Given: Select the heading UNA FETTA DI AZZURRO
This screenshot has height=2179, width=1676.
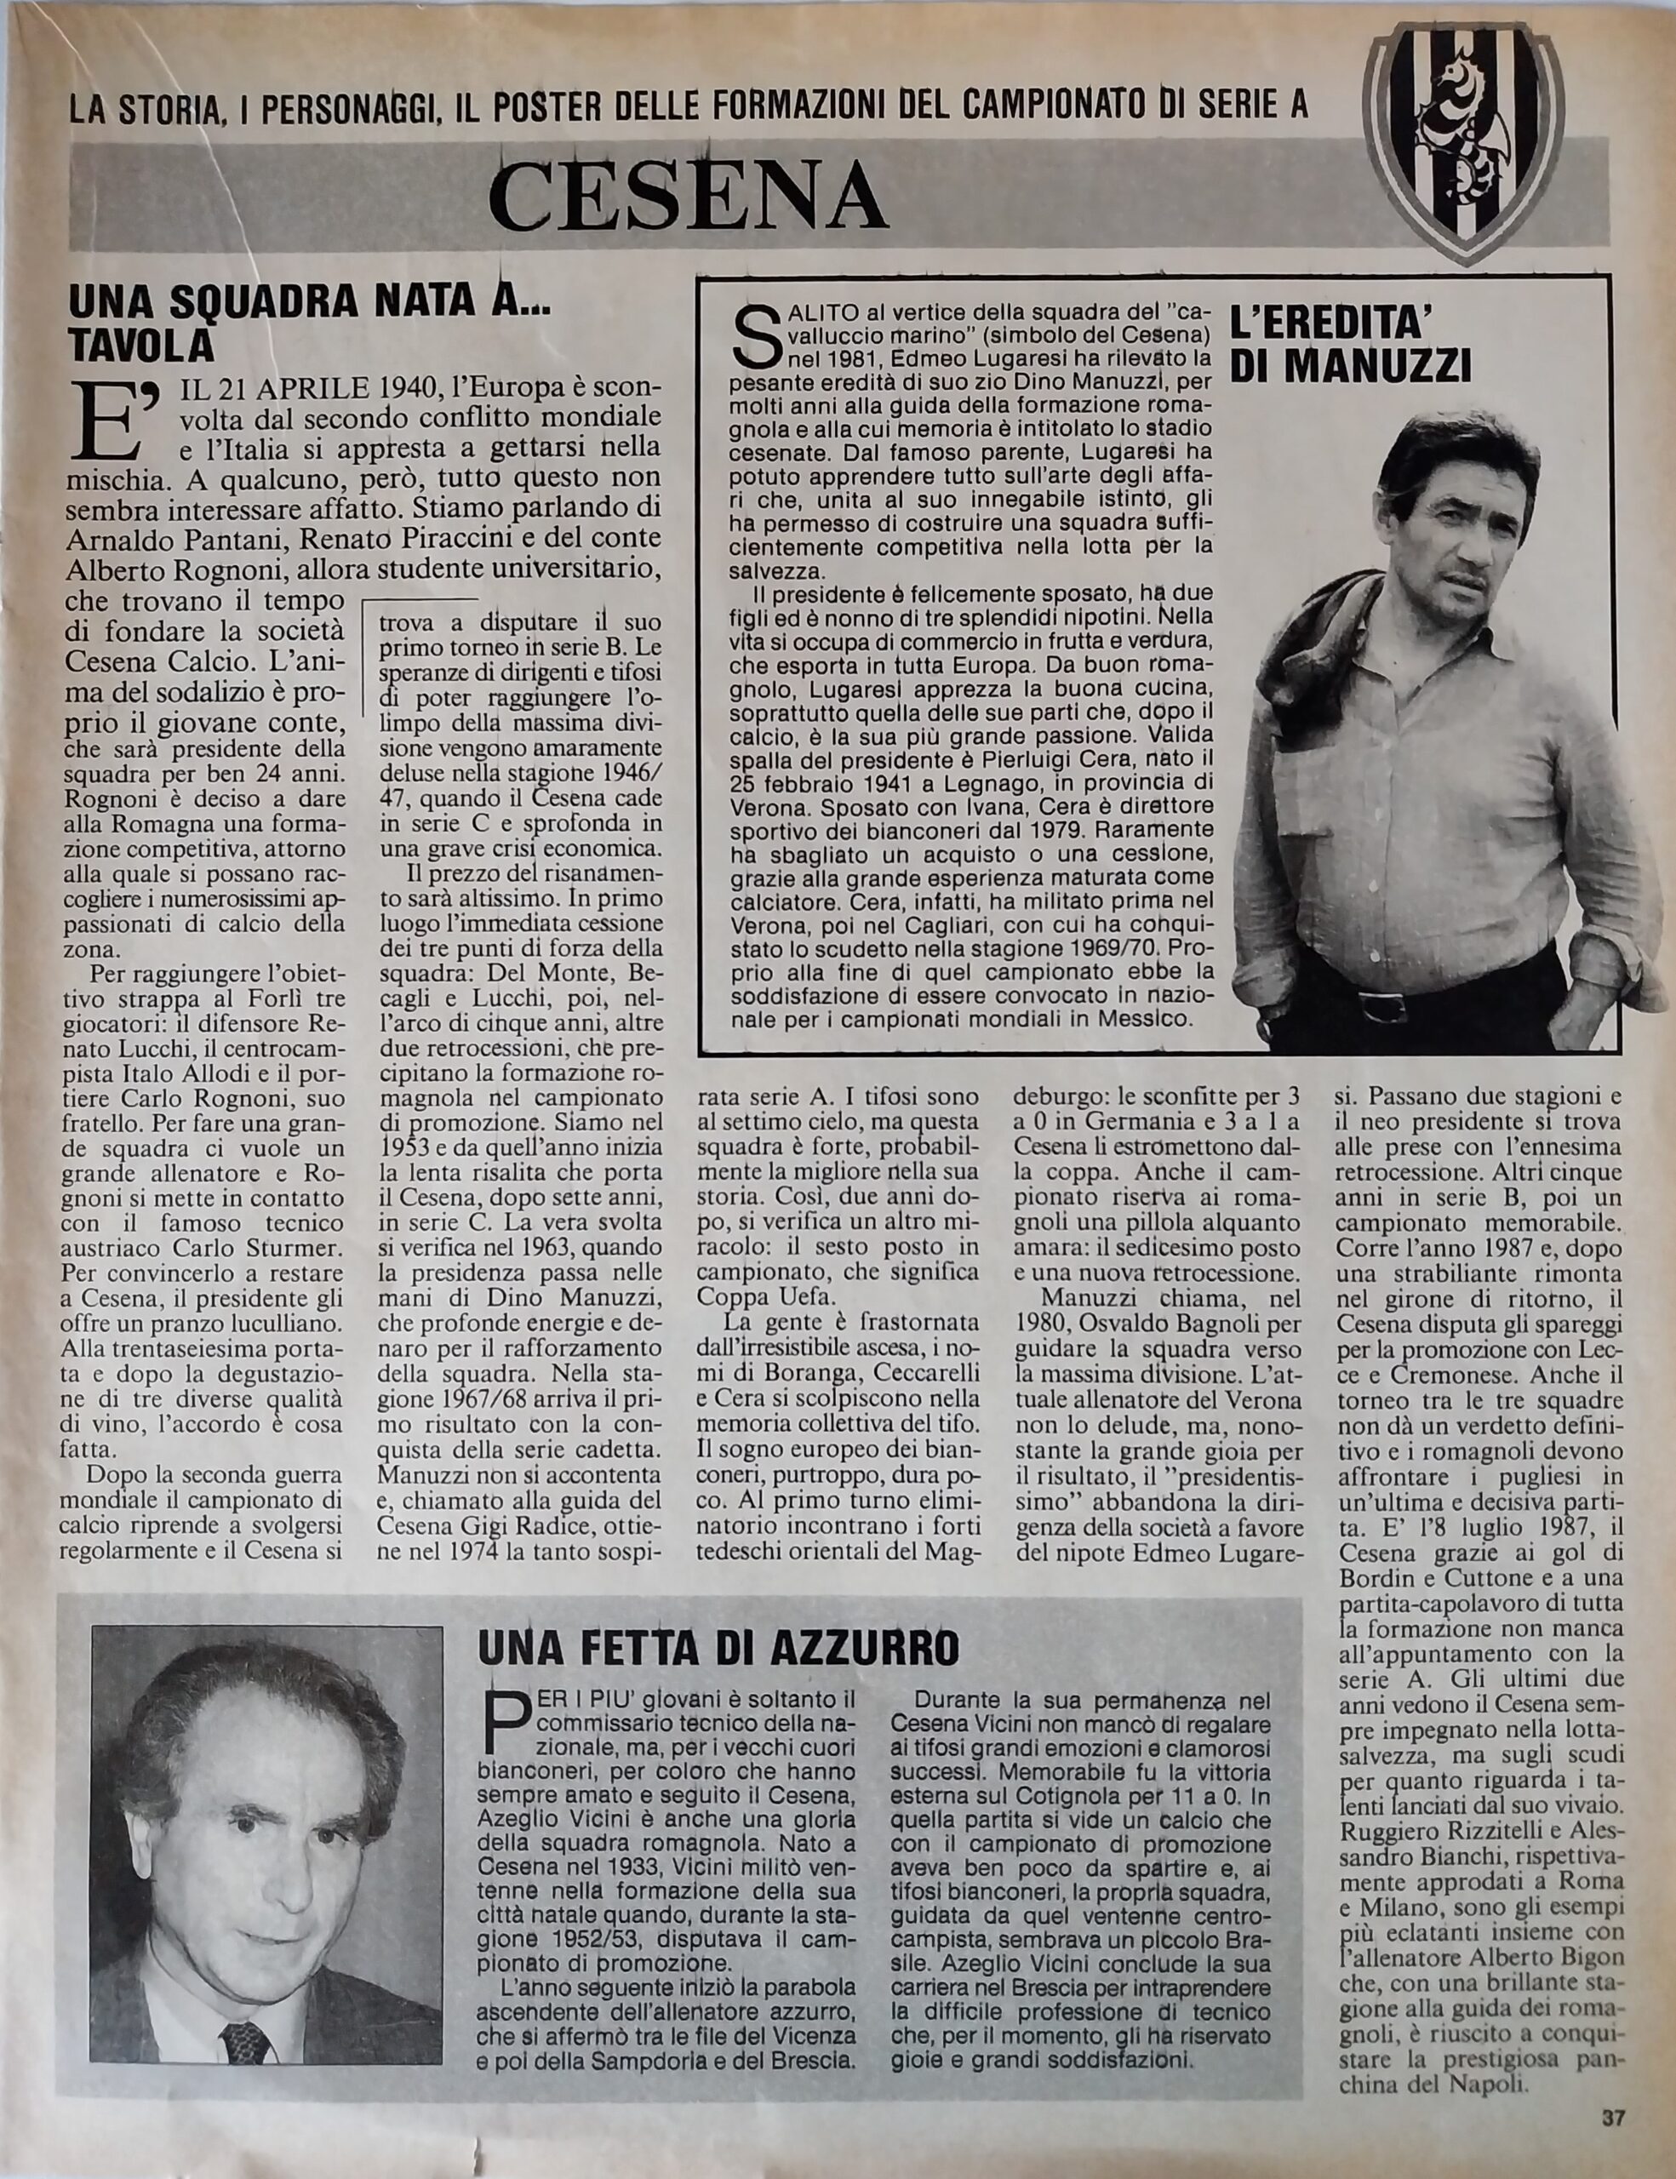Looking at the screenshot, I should point(718,1647).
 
